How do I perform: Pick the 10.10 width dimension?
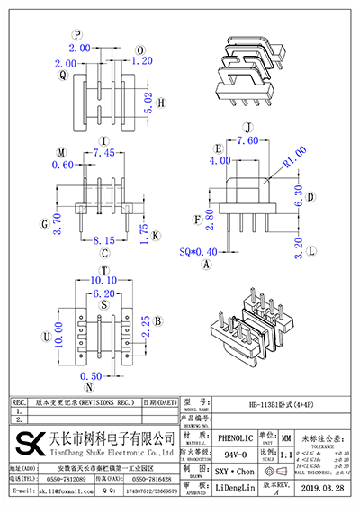pyautogui.click(x=105, y=280)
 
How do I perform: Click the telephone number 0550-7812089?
pyautogui.click(x=67, y=481)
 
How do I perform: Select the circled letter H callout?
pyautogui.click(x=161, y=104)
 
